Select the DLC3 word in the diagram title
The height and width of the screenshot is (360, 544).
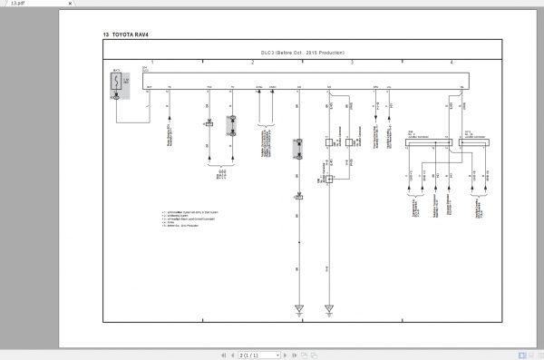(269, 54)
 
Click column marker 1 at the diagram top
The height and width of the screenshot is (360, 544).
(152, 62)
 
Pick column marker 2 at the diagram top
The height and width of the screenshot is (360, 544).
(252, 62)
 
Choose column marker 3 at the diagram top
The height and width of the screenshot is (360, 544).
(352, 62)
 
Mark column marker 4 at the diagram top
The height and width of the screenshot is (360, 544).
(452, 62)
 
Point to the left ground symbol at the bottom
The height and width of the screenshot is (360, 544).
(299, 309)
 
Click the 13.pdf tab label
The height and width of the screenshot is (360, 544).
(17, 4)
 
